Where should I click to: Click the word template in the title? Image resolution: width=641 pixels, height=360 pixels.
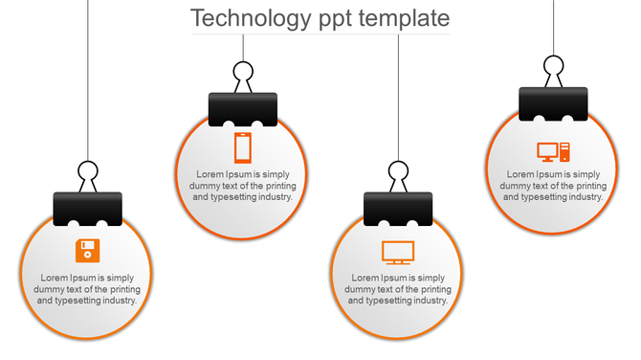(404, 18)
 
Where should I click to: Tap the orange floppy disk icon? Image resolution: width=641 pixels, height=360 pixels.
(87, 251)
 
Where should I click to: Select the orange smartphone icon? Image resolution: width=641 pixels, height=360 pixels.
(243, 148)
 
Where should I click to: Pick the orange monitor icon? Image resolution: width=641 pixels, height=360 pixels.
(397, 252)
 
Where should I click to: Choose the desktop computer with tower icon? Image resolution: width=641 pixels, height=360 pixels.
(553, 151)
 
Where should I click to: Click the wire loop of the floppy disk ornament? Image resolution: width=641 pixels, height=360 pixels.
(88, 173)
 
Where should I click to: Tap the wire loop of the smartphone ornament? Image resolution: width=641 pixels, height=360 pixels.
(243, 73)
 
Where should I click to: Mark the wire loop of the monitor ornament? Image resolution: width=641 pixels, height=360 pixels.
(398, 173)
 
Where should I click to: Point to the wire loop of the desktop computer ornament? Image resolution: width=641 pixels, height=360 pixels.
(553, 67)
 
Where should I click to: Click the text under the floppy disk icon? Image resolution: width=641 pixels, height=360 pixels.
(87, 289)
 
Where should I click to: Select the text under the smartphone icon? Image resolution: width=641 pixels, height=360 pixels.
(243, 186)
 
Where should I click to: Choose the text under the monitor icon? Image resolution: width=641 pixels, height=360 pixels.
(397, 289)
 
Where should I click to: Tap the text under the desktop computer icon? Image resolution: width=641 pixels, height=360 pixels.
(553, 185)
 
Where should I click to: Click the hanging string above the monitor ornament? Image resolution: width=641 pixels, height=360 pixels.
(398, 96)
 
